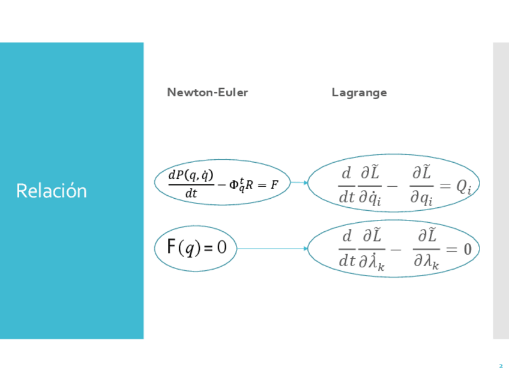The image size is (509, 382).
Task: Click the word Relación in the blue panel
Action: (52, 190)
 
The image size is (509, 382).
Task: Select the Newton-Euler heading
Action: (207, 92)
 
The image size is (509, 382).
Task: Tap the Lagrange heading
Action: (359, 92)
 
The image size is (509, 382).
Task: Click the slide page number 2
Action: (501, 366)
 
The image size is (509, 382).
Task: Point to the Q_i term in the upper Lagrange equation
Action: (463, 187)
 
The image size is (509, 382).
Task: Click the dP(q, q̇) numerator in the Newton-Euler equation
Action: (191, 175)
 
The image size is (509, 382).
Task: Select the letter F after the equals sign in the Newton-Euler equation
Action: (274, 185)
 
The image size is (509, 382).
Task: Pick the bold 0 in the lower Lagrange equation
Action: (467, 249)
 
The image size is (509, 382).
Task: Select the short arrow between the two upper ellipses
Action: (299, 183)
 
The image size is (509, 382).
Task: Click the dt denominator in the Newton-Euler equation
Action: (191, 194)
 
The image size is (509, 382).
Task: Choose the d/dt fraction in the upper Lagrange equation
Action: (346, 185)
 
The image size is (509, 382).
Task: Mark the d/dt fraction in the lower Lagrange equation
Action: (347, 249)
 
